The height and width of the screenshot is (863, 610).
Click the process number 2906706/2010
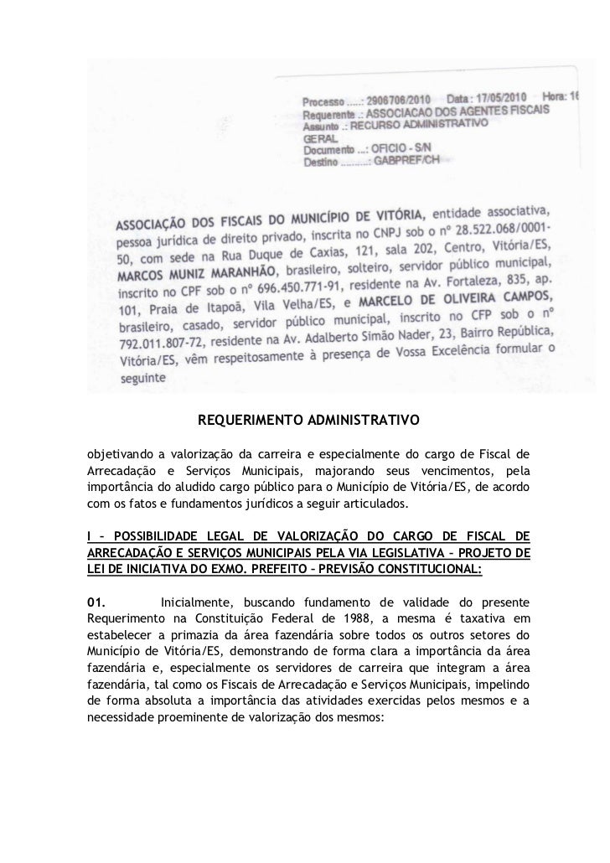tap(399, 99)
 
